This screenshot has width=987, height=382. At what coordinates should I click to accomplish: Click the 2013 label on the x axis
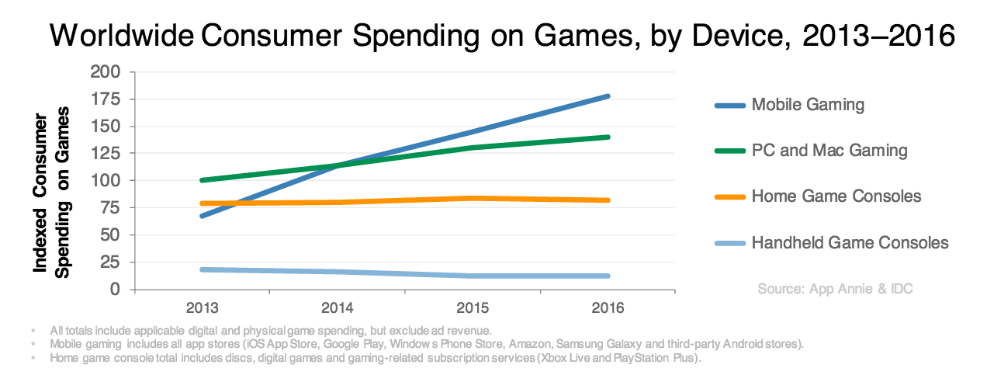(203, 307)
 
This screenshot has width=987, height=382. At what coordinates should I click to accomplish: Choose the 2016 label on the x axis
(608, 307)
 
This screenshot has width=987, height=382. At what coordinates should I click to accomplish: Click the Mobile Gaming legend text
(808, 104)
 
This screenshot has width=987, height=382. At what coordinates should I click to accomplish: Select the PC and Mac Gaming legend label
(829, 150)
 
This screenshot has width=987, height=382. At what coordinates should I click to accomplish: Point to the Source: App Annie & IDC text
(835, 289)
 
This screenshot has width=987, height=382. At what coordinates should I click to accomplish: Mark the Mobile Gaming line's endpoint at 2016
(608, 96)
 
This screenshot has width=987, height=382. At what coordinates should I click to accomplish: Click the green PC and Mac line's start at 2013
(203, 180)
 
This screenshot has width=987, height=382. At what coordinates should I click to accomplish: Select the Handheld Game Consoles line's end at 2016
(608, 276)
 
